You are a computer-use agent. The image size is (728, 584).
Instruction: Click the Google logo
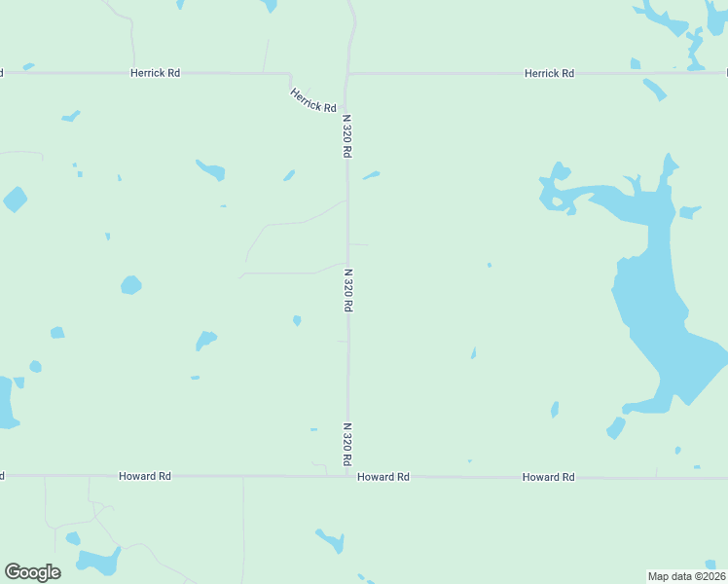point(32,572)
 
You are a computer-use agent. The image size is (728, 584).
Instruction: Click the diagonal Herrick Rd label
point(312,99)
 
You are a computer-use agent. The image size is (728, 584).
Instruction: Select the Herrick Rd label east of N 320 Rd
point(549,73)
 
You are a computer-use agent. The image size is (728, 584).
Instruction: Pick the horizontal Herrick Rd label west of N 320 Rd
point(156,73)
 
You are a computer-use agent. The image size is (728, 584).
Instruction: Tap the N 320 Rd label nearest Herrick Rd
point(346,137)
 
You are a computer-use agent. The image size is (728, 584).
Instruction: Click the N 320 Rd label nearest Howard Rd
point(346,444)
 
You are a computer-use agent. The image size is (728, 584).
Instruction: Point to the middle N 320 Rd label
point(346,290)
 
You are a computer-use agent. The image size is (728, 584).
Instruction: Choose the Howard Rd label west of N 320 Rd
point(145,476)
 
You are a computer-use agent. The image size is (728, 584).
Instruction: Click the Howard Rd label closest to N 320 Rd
point(383,477)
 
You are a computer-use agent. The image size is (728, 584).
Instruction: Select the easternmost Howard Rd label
point(548,477)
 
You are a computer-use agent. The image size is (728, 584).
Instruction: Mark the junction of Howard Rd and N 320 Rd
point(348,476)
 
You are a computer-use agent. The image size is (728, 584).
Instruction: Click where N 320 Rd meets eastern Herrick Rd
point(348,73)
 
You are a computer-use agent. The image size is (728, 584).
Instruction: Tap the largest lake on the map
point(662,311)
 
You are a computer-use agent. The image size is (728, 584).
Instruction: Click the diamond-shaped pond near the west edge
point(15,200)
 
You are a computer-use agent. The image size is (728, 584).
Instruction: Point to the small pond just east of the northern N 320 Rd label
point(371,175)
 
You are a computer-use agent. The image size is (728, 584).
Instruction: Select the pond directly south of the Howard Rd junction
point(330,539)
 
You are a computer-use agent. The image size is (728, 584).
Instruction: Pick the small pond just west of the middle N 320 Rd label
point(297,319)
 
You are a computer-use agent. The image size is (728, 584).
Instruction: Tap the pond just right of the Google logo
point(97,561)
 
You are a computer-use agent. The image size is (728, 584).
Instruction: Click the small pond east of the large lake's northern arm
point(690,211)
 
